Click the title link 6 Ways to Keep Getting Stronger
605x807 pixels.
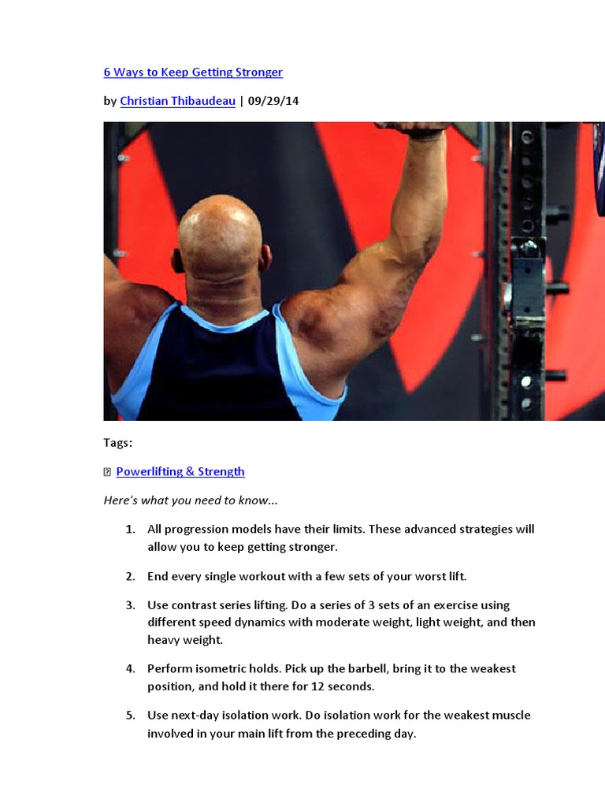click(x=193, y=73)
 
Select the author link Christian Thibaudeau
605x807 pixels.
click(x=177, y=101)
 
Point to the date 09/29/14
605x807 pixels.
click(x=273, y=101)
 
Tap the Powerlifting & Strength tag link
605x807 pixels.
click(x=180, y=471)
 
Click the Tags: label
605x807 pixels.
click(x=117, y=443)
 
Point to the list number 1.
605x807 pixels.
click(x=130, y=530)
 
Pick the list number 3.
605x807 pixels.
click(x=130, y=605)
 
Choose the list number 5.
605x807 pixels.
click(x=130, y=716)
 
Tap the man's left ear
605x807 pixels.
click(x=265, y=258)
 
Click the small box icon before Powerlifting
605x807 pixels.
click(x=108, y=472)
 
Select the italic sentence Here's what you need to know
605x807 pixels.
click(x=191, y=500)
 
